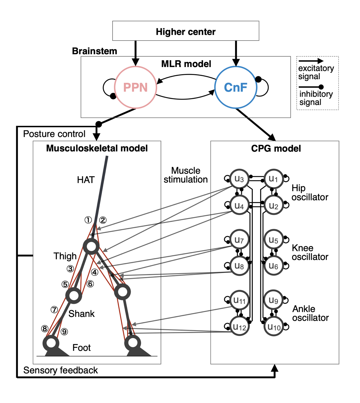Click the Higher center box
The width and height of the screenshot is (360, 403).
(x=185, y=31)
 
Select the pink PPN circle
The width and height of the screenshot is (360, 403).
(x=135, y=87)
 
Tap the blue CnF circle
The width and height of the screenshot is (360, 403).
(x=236, y=87)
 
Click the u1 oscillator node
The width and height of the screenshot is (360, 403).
(x=273, y=179)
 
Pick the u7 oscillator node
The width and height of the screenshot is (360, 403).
(x=239, y=239)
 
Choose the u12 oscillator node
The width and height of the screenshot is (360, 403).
(x=239, y=327)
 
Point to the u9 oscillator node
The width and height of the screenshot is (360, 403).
(x=273, y=300)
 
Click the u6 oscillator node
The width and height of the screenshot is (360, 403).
(x=273, y=266)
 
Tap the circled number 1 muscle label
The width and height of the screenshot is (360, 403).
(x=88, y=220)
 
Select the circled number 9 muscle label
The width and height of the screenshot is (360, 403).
(x=64, y=332)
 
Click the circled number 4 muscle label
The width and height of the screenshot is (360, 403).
(x=94, y=272)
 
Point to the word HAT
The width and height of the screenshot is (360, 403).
(x=86, y=180)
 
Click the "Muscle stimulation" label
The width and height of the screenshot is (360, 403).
(x=185, y=175)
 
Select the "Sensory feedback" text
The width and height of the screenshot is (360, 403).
(x=60, y=370)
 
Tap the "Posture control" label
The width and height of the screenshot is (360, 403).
(x=54, y=134)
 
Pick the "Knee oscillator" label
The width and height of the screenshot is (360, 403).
(x=310, y=252)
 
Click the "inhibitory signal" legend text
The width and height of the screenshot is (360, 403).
(x=316, y=98)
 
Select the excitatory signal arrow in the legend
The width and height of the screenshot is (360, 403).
(x=311, y=61)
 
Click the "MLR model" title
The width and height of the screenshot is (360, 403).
(x=186, y=64)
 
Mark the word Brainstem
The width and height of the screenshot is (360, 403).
(x=94, y=51)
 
